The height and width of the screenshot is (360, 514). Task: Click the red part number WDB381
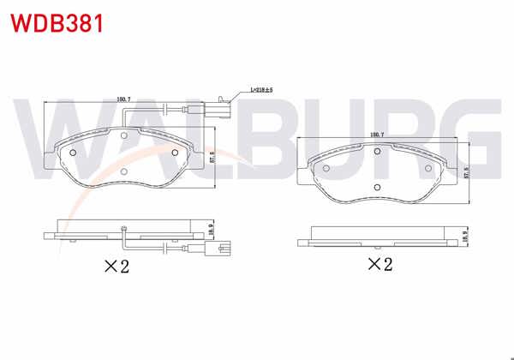point(57,23)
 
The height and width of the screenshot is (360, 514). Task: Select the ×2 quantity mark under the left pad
point(116,267)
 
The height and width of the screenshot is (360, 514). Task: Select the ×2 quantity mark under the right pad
point(380,264)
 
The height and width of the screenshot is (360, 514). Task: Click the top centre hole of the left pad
point(124,135)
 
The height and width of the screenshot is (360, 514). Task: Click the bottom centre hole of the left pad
point(124,171)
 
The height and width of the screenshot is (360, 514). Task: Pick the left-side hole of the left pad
point(73,153)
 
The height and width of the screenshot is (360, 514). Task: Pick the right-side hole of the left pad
point(176,153)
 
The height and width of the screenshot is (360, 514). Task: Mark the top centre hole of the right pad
point(376,153)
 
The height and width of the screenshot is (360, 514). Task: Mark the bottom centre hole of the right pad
point(376,188)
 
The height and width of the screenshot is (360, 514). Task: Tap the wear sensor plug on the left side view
point(224,249)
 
